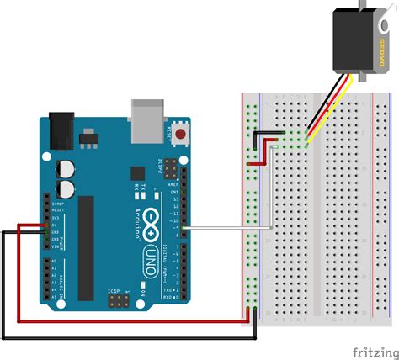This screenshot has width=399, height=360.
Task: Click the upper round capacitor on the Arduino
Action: (65, 168)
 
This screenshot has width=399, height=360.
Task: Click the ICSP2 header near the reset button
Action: (178, 165)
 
